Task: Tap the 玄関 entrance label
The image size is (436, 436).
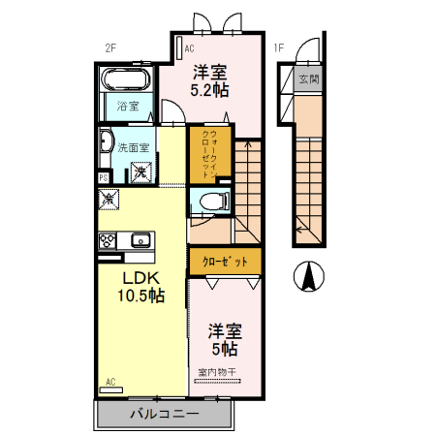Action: click(308, 78)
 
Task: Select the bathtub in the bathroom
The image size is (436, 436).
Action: click(126, 80)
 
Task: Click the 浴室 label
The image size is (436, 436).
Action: click(128, 105)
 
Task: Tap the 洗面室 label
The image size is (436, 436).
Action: click(133, 148)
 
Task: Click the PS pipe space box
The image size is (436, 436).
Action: click(103, 178)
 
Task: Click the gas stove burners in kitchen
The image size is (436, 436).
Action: click(108, 239)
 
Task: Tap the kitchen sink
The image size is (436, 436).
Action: click(140, 239)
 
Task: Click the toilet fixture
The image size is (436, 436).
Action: click(214, 202)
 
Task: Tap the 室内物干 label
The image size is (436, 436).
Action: click(217, 372)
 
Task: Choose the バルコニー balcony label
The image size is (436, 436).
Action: click(164, 415)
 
